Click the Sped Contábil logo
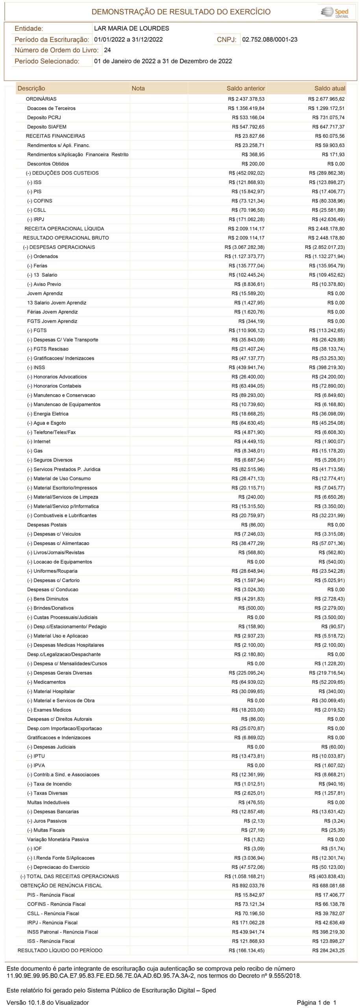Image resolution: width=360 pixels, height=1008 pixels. tap(336, 12)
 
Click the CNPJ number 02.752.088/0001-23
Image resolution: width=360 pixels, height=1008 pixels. tap(270, 39)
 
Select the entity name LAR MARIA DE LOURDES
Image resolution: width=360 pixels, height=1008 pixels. tap(132, 28)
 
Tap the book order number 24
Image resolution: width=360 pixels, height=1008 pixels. tap(107, 50)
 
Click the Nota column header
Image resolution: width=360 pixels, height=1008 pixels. tap(138, 88)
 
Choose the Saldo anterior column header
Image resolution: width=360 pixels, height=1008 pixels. tap(246, 88)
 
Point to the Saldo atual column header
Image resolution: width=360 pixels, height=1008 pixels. tap(330, 88)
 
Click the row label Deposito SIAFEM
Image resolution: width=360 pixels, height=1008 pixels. tap(46, 127)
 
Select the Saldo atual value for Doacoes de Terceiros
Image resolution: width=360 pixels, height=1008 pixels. tap(326, 108)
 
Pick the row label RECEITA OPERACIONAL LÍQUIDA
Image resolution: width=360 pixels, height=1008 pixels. tap(64, 228)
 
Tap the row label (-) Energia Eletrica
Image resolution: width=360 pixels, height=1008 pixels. tap(48, 414)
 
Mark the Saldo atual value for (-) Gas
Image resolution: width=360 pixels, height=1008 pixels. tap(328, 451)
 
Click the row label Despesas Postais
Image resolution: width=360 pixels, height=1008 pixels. tap(47, 525)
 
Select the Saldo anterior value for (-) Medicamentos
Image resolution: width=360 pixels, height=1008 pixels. tap(248, 682)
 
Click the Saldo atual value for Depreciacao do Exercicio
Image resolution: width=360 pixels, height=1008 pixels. tap(328, 867)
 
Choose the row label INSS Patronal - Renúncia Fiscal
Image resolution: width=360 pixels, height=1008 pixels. tap(63, 932)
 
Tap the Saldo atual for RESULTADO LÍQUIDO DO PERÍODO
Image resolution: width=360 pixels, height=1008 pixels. tap(328, 951)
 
